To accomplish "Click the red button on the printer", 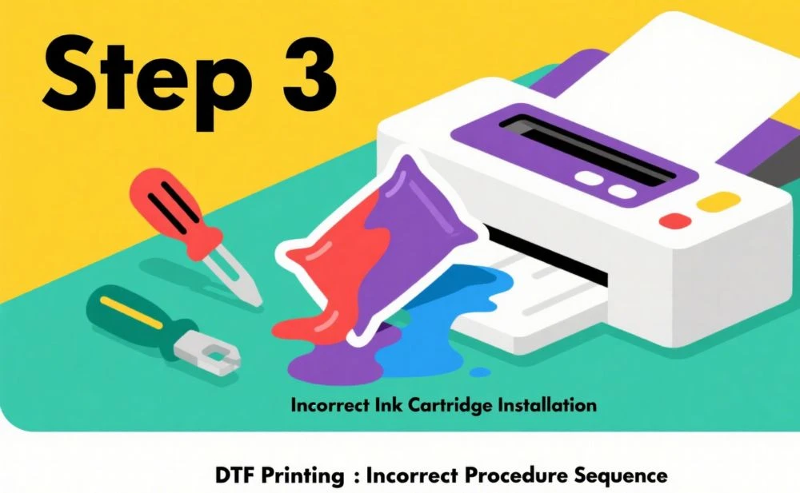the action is (x=675, y=221).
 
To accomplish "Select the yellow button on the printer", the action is (x=718, y=201).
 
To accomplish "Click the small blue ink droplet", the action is (x=479, y=372).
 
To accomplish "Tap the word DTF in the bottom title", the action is (x=234, y=475).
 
